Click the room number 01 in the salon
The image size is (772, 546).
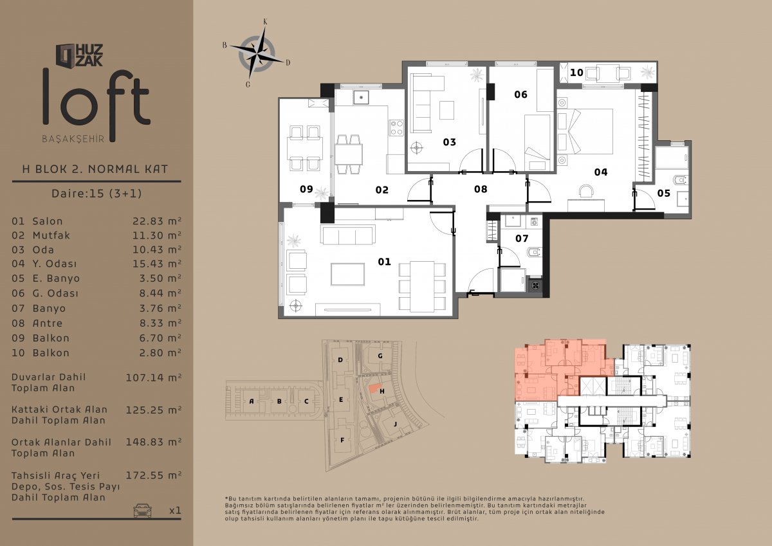(x=384, y=262)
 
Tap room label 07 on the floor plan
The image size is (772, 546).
(x=522, y=239)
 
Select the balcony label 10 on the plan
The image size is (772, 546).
(x=576, y=73)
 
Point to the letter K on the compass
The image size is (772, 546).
(x=265, y=22)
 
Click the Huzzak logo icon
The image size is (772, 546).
(x=65, y=55)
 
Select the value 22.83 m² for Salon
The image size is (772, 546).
(x=157, y=221)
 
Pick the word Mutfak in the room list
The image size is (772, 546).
(x=51, y=235)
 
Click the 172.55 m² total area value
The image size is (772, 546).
(x=153, y=475)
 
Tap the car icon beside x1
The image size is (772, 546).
(x=142, y=510)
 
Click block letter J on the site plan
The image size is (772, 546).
(x=395, y=424)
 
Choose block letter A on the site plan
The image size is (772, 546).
(x=252, y=401)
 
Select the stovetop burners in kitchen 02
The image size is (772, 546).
(x=396, y=127)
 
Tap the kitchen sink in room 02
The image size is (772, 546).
(x=361, y=97)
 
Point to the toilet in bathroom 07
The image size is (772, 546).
(x=534, y=253)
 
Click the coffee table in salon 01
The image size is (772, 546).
(x=348, y=274)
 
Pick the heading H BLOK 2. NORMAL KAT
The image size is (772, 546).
(x=95, y=169)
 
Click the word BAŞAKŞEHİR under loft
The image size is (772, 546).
(x=73, y=139)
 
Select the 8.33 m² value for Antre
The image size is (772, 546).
(x=160, y=323)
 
